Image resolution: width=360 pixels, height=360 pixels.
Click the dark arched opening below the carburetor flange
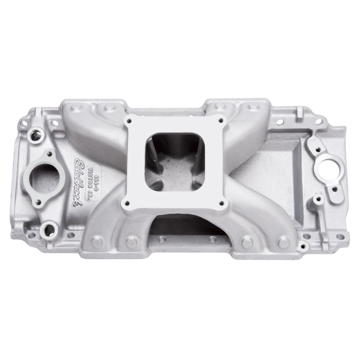click(180, 225)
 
